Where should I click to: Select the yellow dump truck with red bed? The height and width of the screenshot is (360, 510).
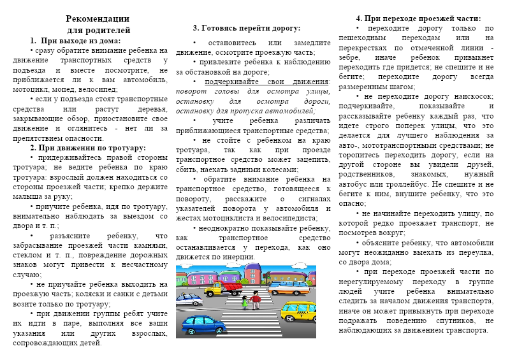tap(226, 289)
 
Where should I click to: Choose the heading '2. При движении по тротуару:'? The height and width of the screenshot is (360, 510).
tap(93, 147)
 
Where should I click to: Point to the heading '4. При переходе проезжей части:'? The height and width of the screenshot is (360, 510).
tap(418, 18)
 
